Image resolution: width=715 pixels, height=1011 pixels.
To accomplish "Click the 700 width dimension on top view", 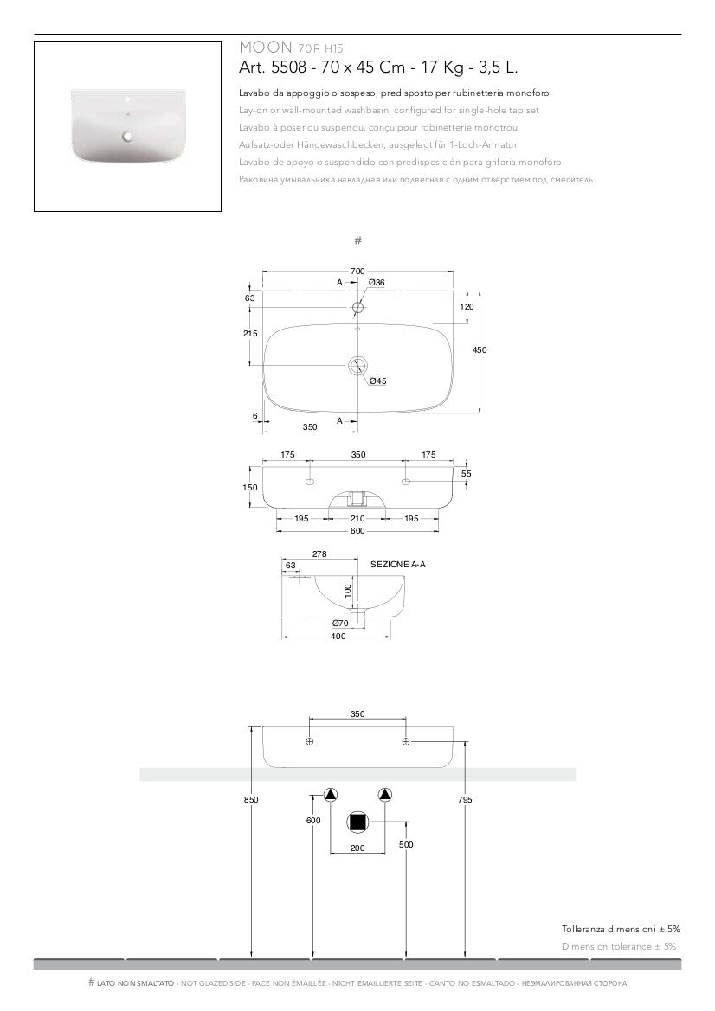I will tap(357, 272).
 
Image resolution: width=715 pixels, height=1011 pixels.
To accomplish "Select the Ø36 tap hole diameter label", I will tap(377, 284).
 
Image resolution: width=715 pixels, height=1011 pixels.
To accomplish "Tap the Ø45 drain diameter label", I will tap(377, 381).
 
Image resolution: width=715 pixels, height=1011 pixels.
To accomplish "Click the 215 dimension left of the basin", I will tap(251, 334).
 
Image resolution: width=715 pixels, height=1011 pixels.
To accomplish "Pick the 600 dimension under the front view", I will tap(357, 531).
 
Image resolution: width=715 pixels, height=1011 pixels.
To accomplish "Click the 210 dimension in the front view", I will tap(357, 519).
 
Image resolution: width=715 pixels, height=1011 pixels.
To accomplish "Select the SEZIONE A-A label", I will tap(398, 564).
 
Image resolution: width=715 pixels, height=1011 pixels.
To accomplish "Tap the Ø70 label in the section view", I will tap(340, 623).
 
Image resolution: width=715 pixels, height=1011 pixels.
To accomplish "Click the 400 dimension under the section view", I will tap(338, 637).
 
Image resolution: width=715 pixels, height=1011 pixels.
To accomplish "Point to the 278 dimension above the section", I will tap(319, 554).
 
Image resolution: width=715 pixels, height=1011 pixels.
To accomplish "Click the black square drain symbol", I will tap(357, 822).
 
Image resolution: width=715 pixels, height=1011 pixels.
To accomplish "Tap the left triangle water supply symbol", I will tap(331, 796).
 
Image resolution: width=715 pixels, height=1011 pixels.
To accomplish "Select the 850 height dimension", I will tap(251, 800).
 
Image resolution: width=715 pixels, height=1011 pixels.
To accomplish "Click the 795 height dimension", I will tap(465, 800).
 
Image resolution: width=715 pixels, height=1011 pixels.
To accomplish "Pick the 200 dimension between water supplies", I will tap(357, 848).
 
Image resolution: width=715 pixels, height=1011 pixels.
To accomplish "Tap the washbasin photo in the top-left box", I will tap(127, 125).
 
